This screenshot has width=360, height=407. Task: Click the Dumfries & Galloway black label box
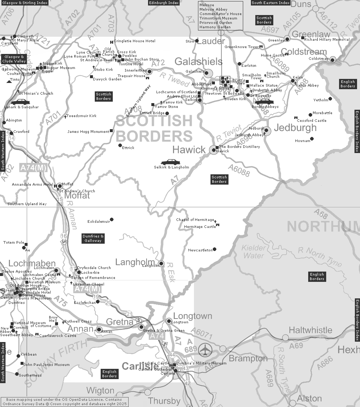pos(93,239)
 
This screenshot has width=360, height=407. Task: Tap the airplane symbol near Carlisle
pos(205,350)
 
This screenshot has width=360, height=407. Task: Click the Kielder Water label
pos(254,252)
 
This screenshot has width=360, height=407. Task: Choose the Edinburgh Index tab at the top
pos(164,3)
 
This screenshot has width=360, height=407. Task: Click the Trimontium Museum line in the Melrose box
pos(218,18)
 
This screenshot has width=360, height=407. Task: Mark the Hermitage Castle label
pos(200,227)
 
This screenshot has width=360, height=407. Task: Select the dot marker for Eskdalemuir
pos(112,219)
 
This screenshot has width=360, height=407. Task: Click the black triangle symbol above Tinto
pos(9,81)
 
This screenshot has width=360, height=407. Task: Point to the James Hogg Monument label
pos(89,132)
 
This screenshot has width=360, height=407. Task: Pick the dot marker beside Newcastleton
pos(215,249)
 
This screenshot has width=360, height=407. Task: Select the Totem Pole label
pos(14,243)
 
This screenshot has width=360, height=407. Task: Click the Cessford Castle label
pos(312,120)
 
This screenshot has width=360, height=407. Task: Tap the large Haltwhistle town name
pos(310,330)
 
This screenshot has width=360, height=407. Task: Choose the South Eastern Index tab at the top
pos(271,3)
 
